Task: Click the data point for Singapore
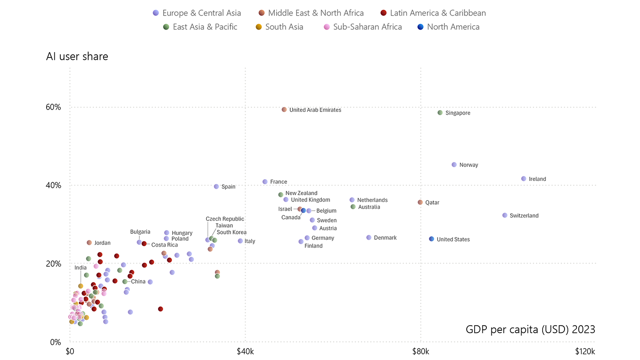coord(440,113)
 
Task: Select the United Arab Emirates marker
coord(284,110)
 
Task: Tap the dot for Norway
coord(454,164)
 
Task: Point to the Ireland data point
coord(523,179)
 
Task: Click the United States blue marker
coord(432,239)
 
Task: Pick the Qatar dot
coord(420,202)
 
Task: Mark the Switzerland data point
coord(505,215)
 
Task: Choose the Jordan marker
coord(89,243)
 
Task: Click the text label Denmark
coord(385,238)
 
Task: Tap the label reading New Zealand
coord(301,193)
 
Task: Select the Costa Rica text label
coord(165,245)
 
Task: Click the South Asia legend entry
coord(279,27)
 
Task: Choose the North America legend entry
coord(448,27)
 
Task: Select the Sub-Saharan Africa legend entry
coord(363,27)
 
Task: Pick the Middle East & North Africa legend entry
coord(311,13)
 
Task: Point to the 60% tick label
coord(53,107)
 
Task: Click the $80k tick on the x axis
coord(421,351)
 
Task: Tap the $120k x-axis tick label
coord(585,351)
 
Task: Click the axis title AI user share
coord(77,57)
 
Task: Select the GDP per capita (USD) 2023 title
coord(530,329)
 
